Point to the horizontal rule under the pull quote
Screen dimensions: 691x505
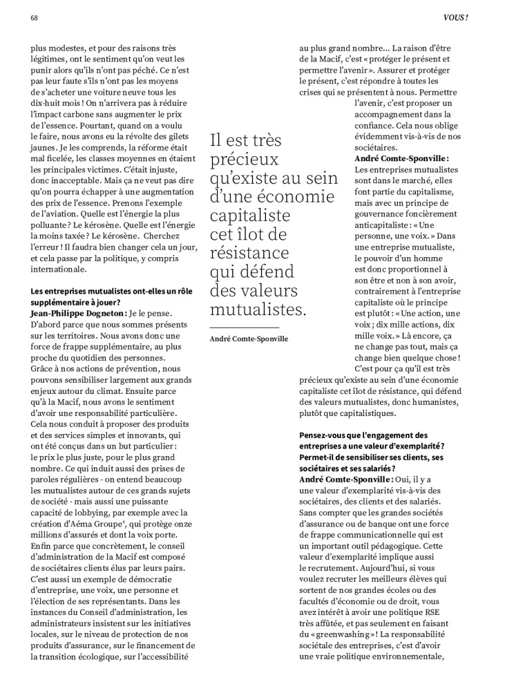click(x=244, y=327)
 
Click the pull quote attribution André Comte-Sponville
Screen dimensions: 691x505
click(x=249, y=339)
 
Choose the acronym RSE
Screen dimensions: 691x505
click(x=436, y=610)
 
